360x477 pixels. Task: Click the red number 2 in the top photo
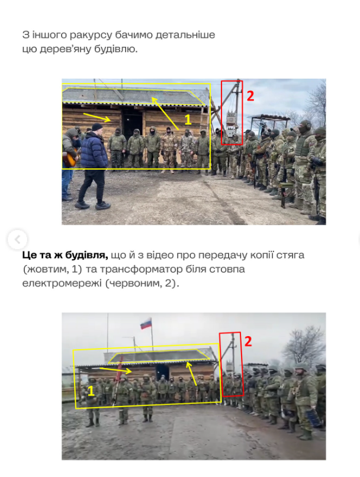(250, 96)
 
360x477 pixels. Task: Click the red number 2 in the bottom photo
(248, 341)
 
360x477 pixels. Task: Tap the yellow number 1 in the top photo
(188, 120)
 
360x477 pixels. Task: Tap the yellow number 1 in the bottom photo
(91, 391)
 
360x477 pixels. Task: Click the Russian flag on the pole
(146, 323)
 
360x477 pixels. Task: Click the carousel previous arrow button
(17, 240)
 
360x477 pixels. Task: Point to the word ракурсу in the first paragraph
(91, 35)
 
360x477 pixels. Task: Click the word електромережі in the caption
(62, 283)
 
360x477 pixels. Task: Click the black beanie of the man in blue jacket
(97, 127)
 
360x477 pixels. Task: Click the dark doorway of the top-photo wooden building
(133, 122)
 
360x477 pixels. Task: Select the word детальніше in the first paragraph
(185, 35)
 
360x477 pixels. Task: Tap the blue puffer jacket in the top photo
(94, 150)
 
